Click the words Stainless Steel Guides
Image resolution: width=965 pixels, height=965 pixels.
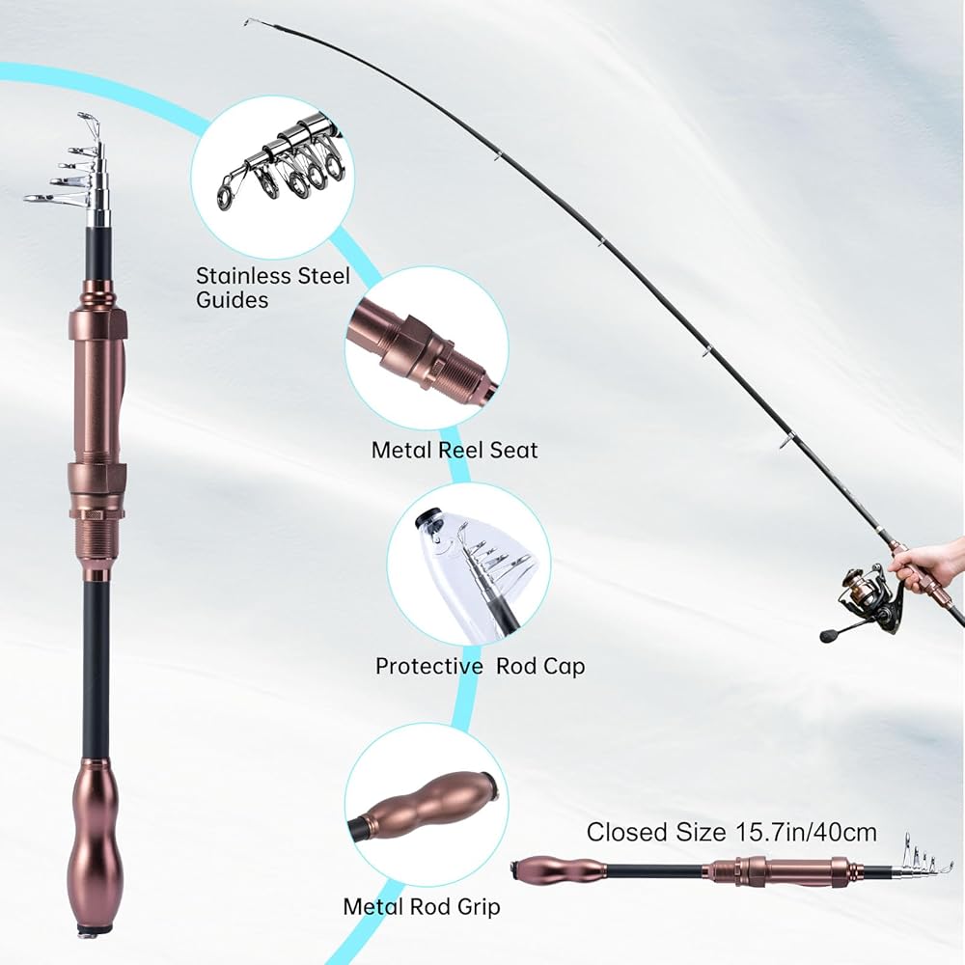point(272,288)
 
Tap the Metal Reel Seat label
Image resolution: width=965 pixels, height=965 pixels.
point(455,450)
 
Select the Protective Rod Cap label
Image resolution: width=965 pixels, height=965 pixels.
point(480,666)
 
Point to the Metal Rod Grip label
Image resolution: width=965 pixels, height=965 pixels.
point(422,906)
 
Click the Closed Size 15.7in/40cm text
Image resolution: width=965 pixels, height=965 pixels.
point(731,832)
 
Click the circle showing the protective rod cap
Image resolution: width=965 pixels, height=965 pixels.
point(469,564)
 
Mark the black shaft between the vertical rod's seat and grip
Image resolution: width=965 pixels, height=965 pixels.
point(96,666)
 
